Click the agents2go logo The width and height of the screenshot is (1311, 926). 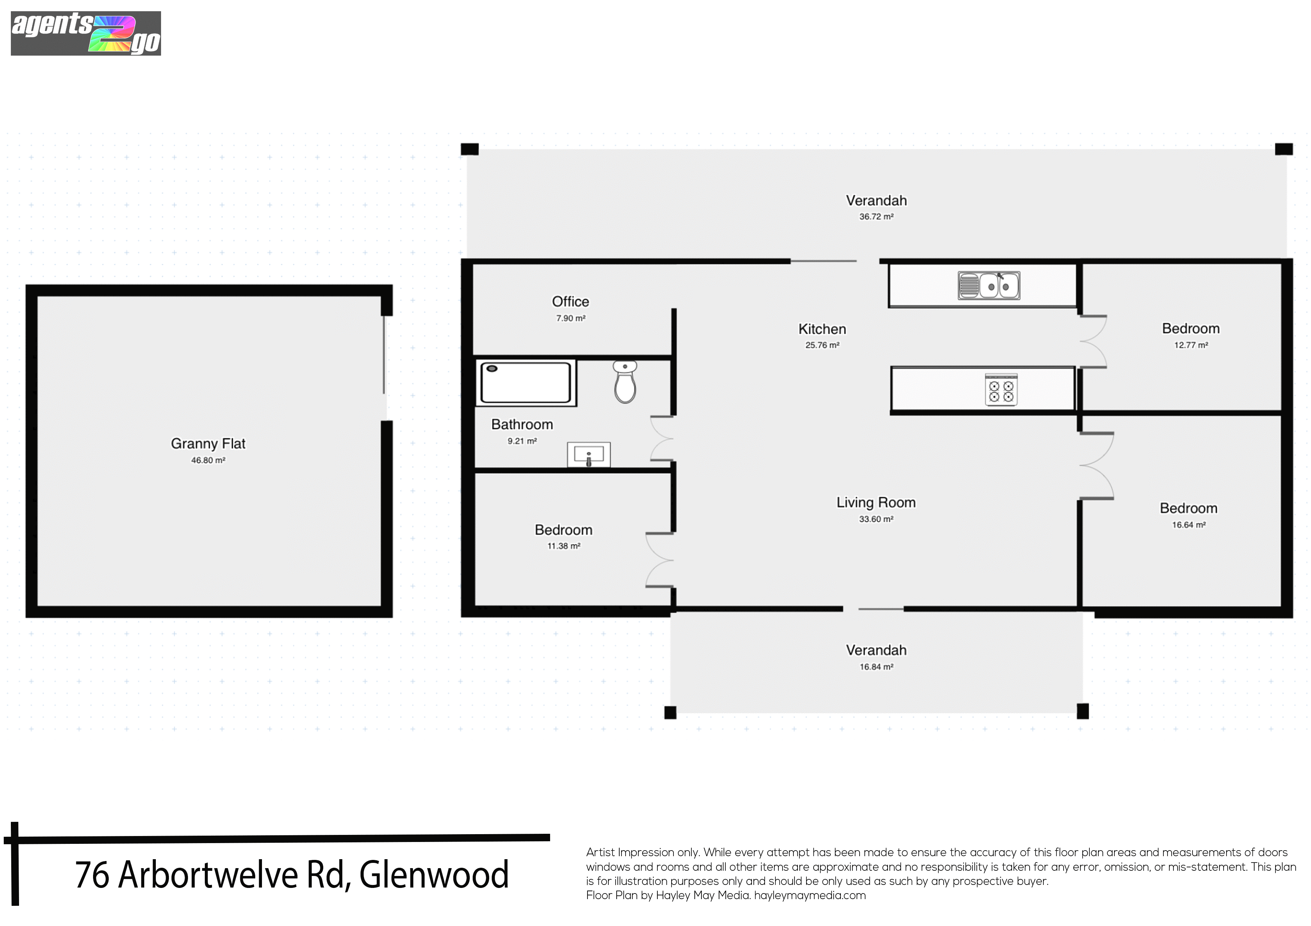(x=86, y=34)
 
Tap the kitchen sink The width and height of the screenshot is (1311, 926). (x=989, y=285)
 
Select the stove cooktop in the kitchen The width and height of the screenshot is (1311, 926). (x=1001, y=390)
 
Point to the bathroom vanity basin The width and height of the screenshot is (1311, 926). (x=589, y=455)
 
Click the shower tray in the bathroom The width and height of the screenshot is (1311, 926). (x=526, y=382)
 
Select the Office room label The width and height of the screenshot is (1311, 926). (x=570, y=301)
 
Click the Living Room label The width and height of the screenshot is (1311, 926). (x=876, y=503)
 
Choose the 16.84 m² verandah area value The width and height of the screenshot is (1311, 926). (x=876, y=667)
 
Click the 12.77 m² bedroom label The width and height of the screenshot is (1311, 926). (x=1191, y=345)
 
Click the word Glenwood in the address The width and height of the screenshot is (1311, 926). (x=434, y=874)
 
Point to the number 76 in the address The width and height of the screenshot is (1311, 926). (x=92, y=874)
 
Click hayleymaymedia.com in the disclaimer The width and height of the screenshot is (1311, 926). (x=810, y=895)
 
